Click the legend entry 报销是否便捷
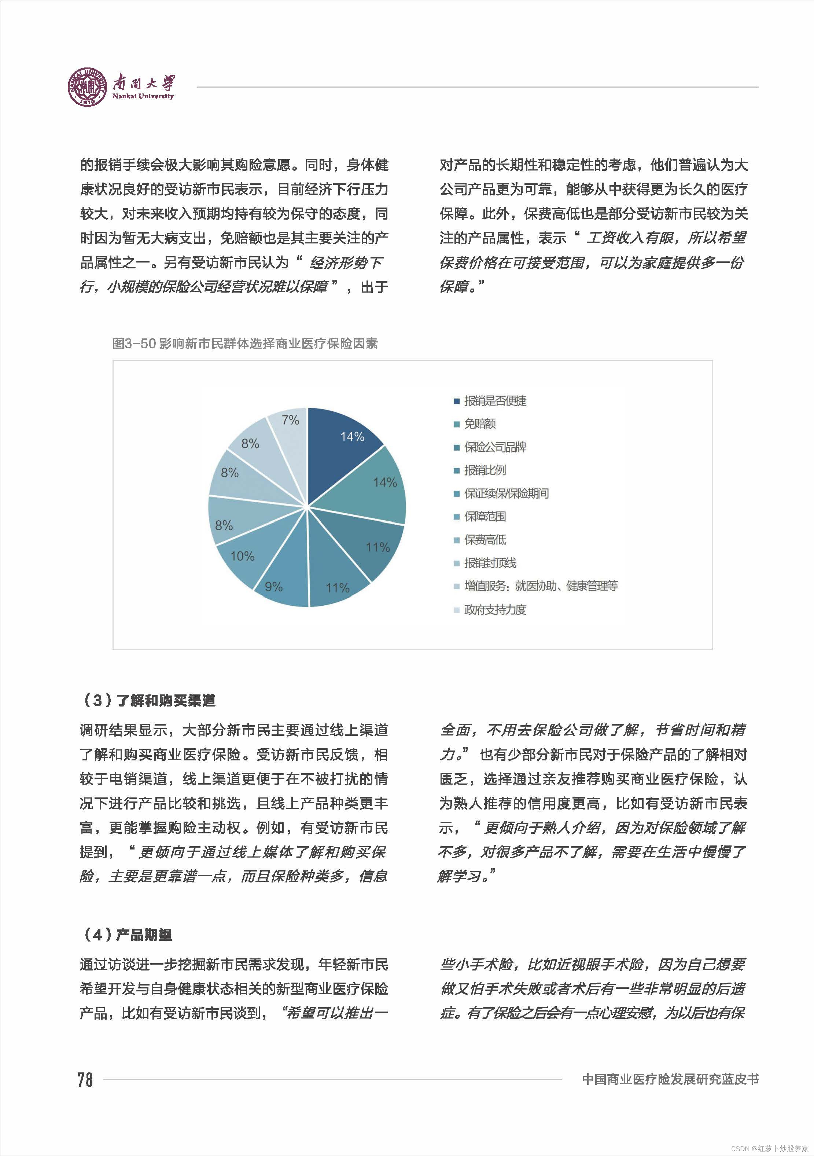pos(494,401)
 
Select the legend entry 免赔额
pos(479,424)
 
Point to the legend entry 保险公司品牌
pos(494,447)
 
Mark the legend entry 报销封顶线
pos(489,563)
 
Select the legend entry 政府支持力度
pos(494,610)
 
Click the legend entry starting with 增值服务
pos(540,586)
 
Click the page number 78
pos(85,1079)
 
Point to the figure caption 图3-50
pos(245,344)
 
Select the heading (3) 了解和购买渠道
pos(148,700)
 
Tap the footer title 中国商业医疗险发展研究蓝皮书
pos(670,1079)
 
